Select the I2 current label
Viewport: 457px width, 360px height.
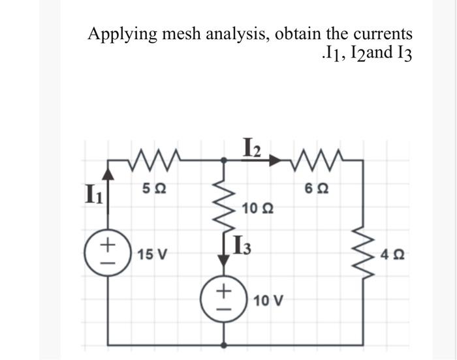pos(252,146)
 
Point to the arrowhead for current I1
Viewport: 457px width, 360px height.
pos(109,173)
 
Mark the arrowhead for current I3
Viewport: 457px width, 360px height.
pos(225,260)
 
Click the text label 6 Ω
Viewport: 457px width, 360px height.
pos(313,187)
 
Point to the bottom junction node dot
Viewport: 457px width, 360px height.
pos(225,343)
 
